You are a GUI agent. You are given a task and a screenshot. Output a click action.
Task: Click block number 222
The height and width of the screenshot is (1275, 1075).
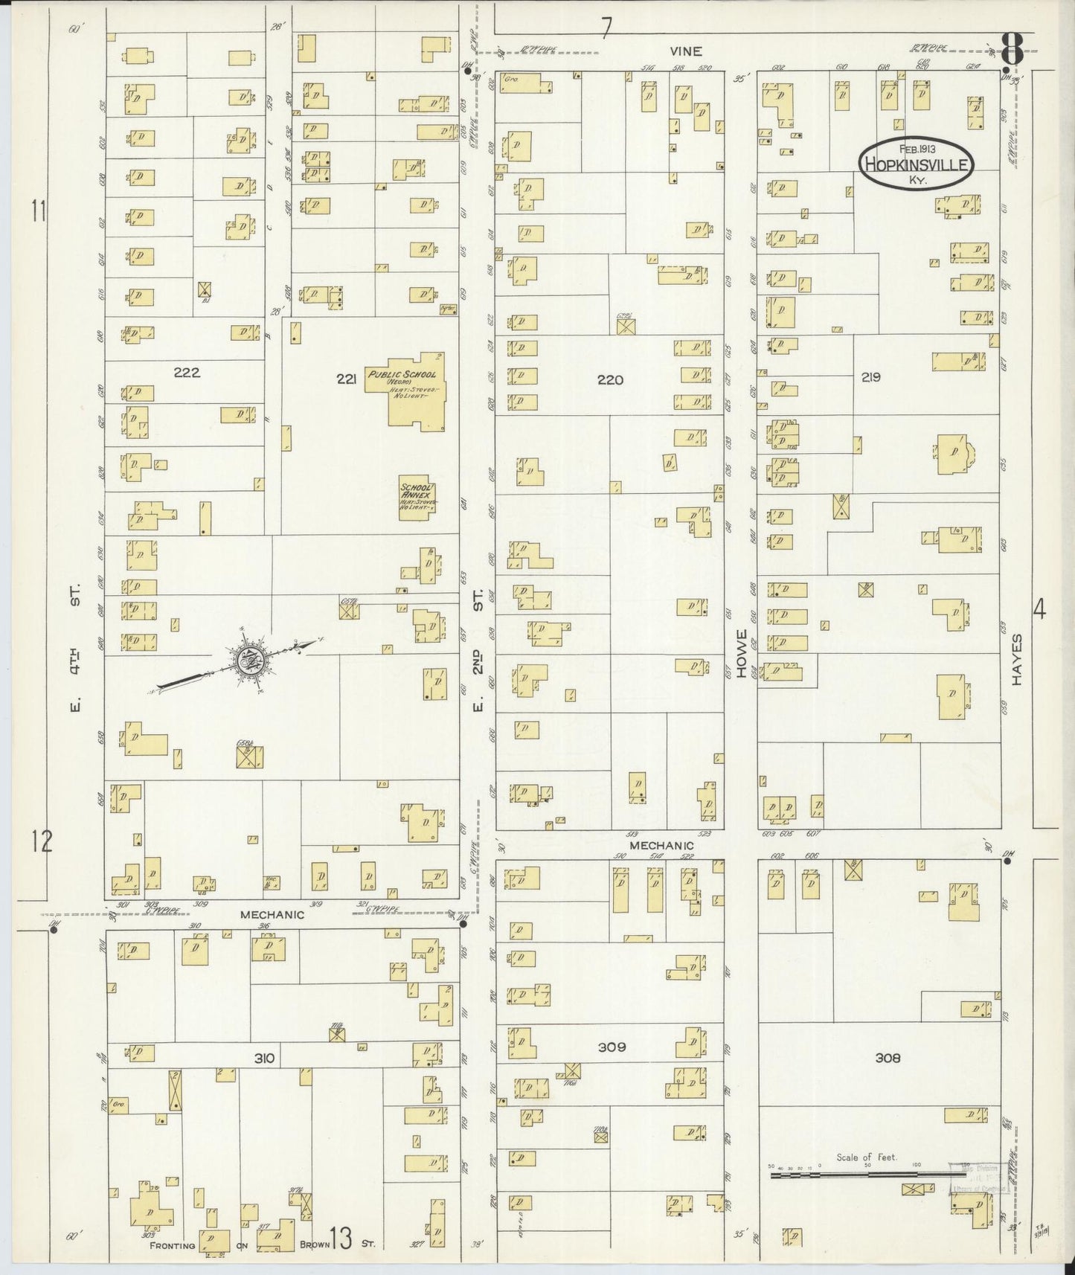point(186,373)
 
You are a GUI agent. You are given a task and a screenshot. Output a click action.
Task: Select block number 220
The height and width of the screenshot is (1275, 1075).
point(610,380)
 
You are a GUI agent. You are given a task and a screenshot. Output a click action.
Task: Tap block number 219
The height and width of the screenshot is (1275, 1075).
point(871,377)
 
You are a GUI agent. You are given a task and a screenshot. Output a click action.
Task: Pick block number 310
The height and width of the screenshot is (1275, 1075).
point(265,1059)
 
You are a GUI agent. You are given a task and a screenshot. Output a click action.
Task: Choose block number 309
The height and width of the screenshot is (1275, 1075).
point(612,1047)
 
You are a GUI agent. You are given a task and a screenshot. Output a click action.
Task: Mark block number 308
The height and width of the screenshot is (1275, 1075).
point(888,1057)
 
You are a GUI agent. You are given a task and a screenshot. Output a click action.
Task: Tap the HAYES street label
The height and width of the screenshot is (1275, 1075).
point(1016,660)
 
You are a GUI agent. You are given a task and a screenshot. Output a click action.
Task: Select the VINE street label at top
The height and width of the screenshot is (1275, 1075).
point(685,51)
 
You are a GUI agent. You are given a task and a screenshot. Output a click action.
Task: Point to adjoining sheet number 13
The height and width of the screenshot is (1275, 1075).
point(341,1239)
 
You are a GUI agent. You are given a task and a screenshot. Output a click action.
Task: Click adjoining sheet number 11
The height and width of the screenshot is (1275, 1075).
point(39,212)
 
